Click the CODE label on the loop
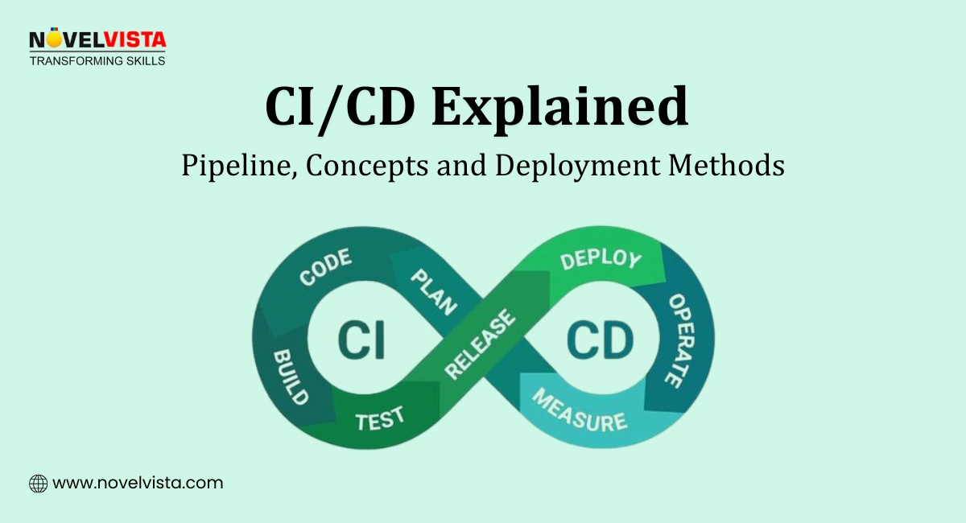pos(326,268)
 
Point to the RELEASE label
pos(481,344)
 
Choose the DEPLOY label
pos(601,259)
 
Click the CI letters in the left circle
pos(360,340)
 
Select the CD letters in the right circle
pos(600,340)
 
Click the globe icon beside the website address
pos(38,484)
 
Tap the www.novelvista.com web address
pos(138,484)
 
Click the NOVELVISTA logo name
pos(97,40)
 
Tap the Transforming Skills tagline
pos(97,60)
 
